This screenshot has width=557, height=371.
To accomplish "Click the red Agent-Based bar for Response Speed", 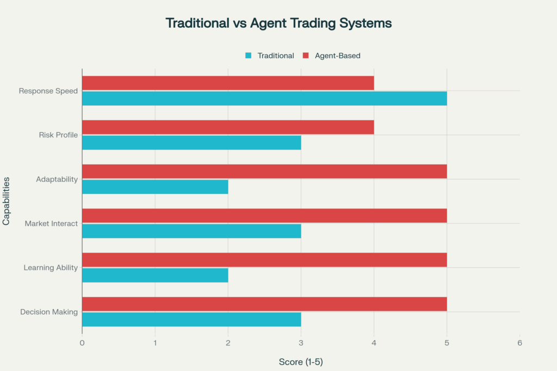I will click(x=228, y=83).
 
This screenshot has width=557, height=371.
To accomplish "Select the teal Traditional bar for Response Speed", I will click(x=264, y=98).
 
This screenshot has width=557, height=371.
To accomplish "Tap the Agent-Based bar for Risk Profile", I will click(x=228, y=127).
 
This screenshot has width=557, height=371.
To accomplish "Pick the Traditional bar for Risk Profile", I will click(x=191, y=142).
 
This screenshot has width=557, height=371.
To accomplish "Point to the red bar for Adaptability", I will click(x=264, y=172).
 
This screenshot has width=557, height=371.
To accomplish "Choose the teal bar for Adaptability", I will click(x=155, y=187).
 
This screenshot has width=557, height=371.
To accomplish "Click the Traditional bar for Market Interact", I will click(x=191, y=231).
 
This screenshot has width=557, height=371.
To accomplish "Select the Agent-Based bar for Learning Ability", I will click(x=264, y=260).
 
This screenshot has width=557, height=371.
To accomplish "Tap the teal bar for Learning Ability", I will click(x=155, y=275).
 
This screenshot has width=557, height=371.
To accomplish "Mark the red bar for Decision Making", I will click(x=264, y=304).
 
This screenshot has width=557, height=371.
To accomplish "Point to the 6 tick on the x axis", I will click(x=519, y=343).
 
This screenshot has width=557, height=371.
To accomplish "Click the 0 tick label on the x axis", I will click(x=82, y=343).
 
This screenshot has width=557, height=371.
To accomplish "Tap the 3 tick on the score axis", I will click(x=301, y=343).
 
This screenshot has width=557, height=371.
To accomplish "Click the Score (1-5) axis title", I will click(x=301, y=362).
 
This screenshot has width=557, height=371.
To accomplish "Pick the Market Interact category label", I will click(x=51, y=223).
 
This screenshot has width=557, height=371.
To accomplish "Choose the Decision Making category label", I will click(x=49, y=312).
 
